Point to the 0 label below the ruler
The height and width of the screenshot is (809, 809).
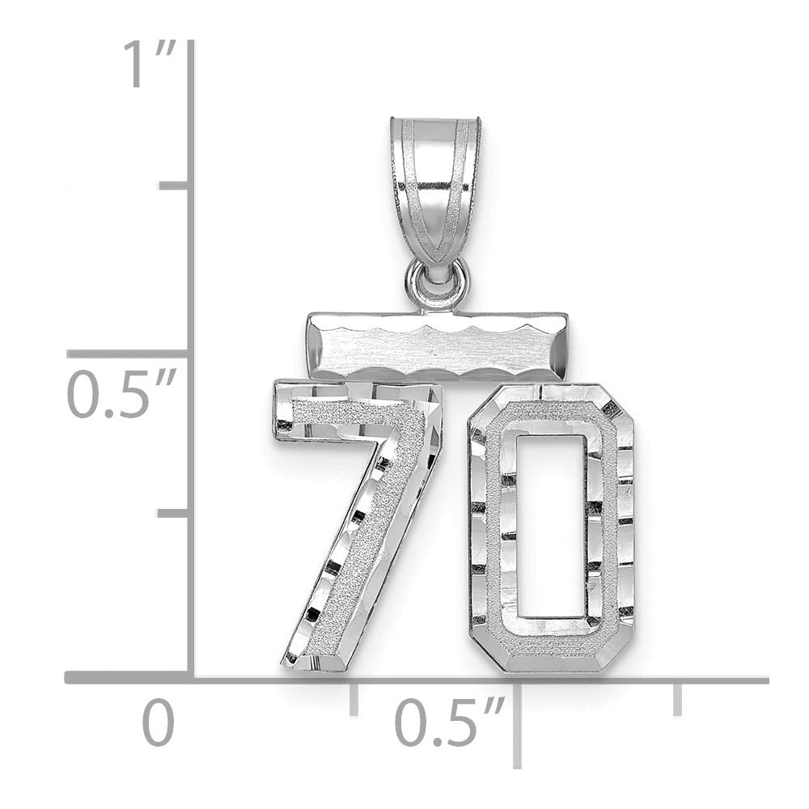159,724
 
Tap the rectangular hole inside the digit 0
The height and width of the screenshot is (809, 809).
554,526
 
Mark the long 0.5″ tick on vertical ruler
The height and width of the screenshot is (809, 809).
129,354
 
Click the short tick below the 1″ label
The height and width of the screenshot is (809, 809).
175,186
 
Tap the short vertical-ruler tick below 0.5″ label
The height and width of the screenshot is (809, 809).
175,513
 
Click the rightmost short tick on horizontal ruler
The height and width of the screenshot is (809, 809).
677,698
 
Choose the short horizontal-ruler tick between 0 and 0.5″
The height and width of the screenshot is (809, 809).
354,698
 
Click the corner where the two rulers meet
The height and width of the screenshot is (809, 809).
191,678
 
